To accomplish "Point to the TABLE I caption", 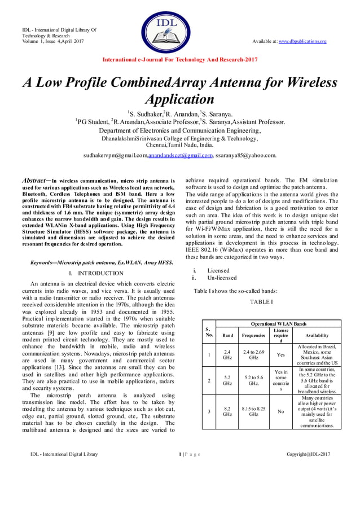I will (x=261, y=302).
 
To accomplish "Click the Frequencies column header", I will (x=254, y=335).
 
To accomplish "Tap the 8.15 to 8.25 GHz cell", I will (x=254, y=411).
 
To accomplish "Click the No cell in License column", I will (x=280, y=411).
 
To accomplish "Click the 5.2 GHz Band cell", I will (x=227, y=380).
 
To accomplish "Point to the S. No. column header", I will (x=209, y=331).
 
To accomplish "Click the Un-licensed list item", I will (x=222, y=278).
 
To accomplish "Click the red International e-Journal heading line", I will (x=180, y=59).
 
